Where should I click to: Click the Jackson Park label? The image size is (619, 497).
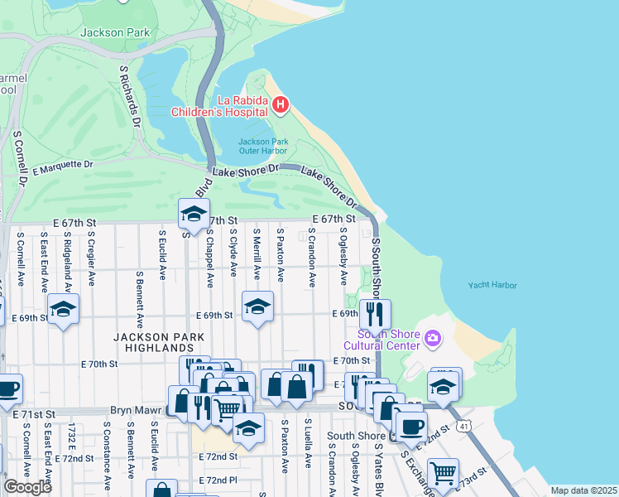point(113,32)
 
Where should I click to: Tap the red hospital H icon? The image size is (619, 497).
point(281,104)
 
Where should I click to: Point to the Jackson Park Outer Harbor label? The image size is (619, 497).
point(263,146)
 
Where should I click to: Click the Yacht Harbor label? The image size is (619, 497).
point(492,285)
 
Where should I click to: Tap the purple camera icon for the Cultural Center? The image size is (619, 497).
point(431,338)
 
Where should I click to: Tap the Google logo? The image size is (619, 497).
point(27,486)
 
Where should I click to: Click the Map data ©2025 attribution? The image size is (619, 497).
point(583,490)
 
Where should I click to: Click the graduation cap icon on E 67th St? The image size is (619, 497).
point(194,214)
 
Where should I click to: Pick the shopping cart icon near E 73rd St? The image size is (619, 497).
point(444,473)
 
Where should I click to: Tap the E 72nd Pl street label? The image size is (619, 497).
point(218,480)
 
